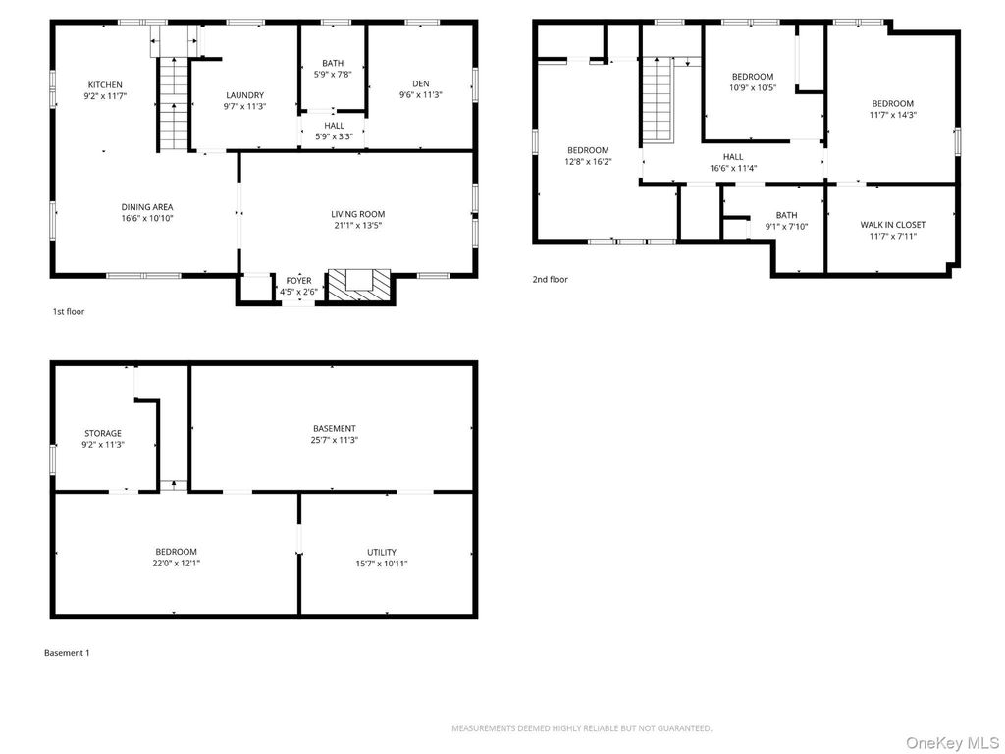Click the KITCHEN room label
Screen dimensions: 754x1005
point(105,84)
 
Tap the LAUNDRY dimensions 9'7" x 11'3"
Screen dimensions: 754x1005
point(244,107)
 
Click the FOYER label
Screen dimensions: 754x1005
point(298,281)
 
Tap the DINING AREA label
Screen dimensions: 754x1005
point(147,207)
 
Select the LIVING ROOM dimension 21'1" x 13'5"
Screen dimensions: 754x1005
point(357,226)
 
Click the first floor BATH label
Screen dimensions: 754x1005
point(333,63)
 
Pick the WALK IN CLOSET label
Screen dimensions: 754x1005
point(892,225)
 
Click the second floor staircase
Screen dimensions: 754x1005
point(657,98)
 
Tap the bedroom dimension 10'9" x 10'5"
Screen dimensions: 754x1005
point(753,88)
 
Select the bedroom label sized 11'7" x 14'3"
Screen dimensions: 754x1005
point(892,103)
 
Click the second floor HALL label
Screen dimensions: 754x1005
point(733,156)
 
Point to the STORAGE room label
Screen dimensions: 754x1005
point(102,433)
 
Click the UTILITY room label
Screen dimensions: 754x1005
point(382,552)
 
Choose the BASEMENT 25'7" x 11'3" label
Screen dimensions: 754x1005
point(334,428)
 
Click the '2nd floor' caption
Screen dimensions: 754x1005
point(550,280)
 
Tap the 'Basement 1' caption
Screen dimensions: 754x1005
point(67,653)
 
